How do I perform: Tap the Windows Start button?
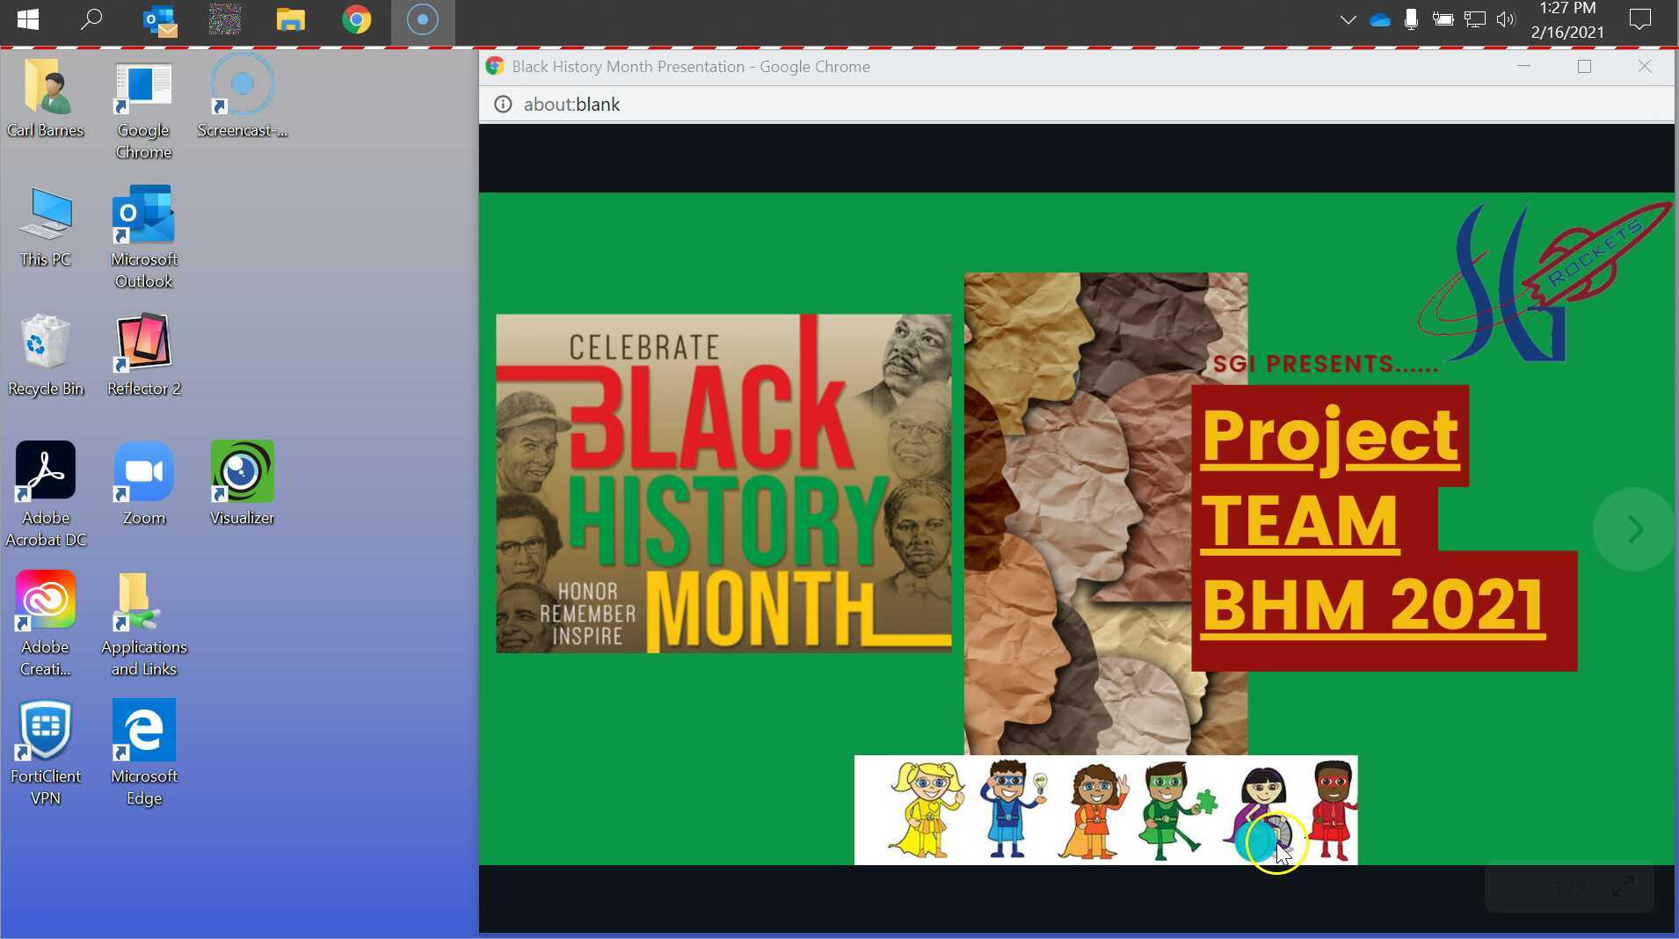(27, 19)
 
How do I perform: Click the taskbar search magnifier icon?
(91, 19)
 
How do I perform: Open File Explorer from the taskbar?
(290, 19)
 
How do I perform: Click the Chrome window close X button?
(1644, 67)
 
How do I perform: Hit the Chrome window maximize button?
(1584, 67)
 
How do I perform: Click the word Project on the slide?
(1329, 436)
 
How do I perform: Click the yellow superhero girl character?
(925, 809)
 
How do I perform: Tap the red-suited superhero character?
(1333, 809)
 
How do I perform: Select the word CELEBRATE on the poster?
(644, 347)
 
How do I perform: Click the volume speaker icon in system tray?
(1505, 19)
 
